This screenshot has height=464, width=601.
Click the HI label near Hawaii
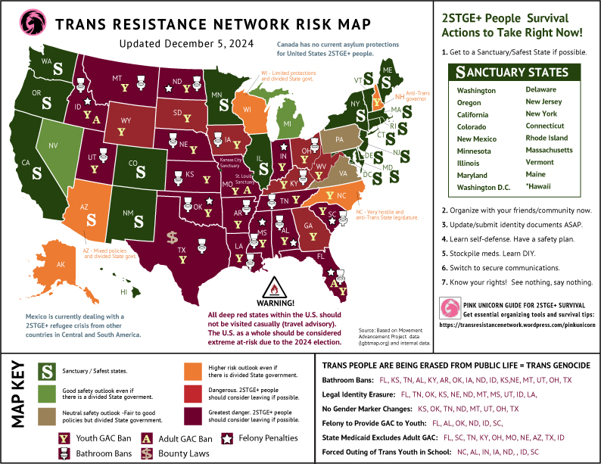click(x=123, y=291)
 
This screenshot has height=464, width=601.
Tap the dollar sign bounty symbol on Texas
click(x=173, y=239)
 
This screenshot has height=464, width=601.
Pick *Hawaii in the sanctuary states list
click(x=540, y=186)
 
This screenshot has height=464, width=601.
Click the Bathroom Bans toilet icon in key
click(x=53, y=453)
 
